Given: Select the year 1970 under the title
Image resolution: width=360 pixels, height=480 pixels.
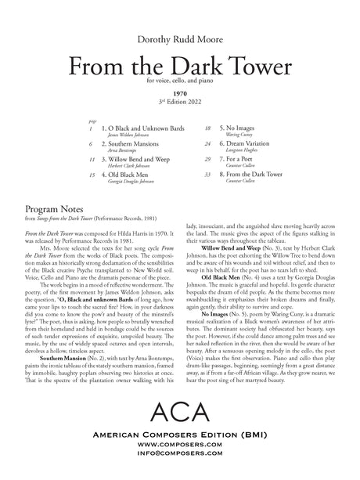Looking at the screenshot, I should pos(179,92).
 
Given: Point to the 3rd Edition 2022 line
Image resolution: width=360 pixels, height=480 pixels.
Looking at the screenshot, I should pos(179,99).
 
